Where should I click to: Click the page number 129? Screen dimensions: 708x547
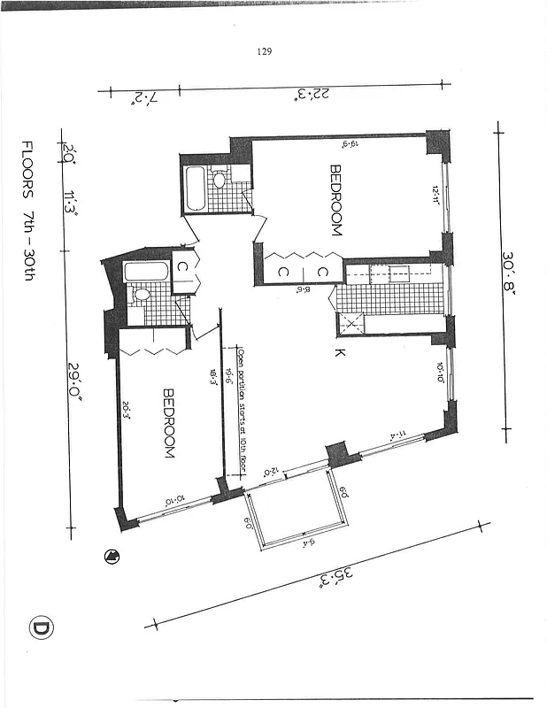[264, 51]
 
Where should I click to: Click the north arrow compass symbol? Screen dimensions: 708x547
[112, 556]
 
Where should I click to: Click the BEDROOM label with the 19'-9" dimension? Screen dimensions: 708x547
[335, 200]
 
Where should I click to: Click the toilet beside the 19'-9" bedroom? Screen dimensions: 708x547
[220, 181]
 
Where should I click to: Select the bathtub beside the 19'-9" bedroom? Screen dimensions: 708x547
[194, 189]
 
